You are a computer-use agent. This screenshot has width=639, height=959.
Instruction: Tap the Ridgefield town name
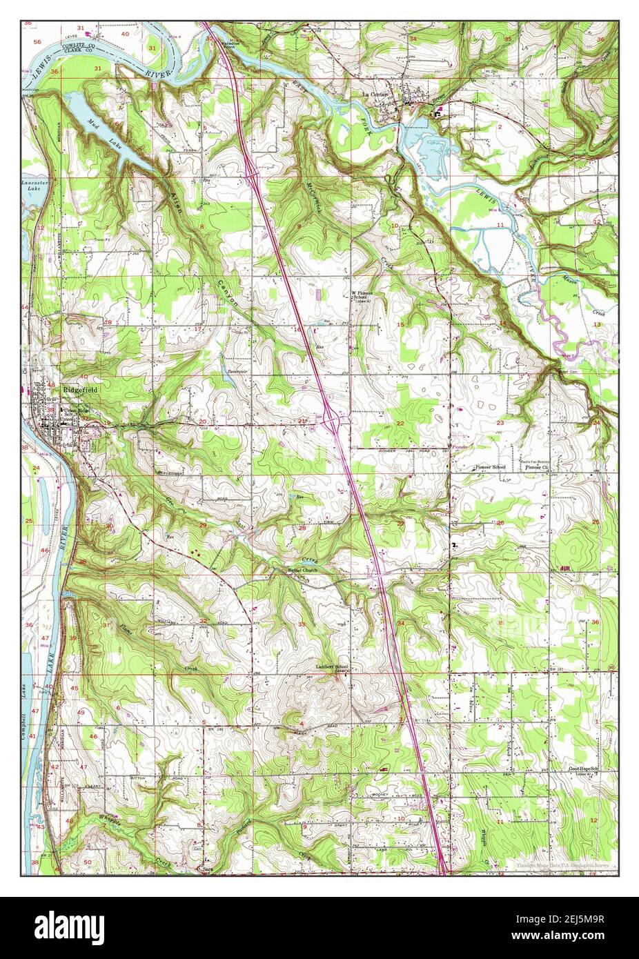81,390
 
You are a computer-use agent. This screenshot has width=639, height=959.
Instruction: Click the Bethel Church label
302,571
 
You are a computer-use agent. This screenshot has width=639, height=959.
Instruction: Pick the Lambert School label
332,667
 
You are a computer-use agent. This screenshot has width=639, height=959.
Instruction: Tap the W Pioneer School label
364,295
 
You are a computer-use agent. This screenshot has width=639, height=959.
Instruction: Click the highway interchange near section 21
331,419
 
